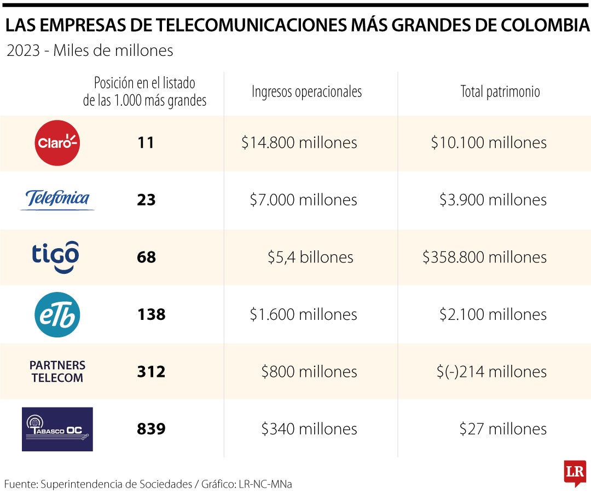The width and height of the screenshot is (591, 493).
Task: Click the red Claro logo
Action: tap(57, 143)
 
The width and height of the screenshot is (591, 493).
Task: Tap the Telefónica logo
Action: tap(57, 199)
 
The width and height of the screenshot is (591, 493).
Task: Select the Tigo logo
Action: tap(55, 256)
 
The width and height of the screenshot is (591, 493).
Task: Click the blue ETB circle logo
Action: tap(57, 314)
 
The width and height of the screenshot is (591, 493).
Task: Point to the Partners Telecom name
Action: tap(57, 371)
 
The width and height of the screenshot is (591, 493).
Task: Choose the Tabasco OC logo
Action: tap(57, 429)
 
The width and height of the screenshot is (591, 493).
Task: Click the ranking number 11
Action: tap(146, 143)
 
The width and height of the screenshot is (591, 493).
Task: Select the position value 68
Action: tap(146, 257)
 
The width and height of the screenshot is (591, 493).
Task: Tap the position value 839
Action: tap(151, 428)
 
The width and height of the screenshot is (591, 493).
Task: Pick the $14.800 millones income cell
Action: tap(299, 143)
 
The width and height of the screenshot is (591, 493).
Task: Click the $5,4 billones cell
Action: tap(310, 257)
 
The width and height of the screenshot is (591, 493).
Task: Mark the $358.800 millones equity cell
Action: tap(484, 257)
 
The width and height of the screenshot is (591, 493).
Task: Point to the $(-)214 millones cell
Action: tap(491, 371)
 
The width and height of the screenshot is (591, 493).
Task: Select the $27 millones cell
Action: tap(503, 428)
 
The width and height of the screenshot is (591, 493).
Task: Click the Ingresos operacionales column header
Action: tap(306, 91)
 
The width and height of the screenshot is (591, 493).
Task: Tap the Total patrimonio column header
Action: tap(500, 91)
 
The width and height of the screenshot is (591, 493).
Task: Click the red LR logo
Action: tap(575, 472)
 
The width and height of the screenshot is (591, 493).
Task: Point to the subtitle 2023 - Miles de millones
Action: tap(90, 51)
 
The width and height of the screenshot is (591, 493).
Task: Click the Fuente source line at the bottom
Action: tap(148, 484)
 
